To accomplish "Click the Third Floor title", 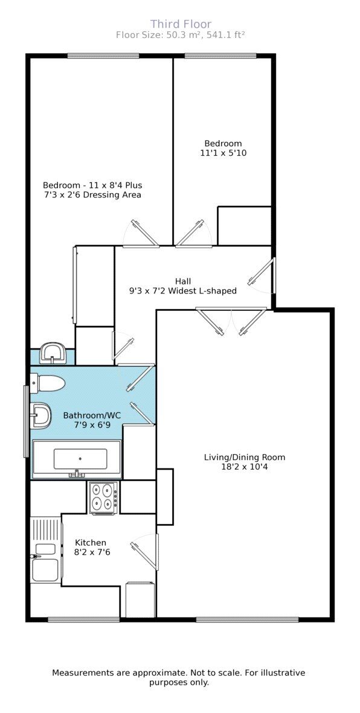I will (181, 24).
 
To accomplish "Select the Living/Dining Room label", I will (244, 457).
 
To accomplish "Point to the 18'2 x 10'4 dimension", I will (244, 467).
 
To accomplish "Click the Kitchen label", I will (91, 542).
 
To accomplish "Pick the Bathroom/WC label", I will (92, 415).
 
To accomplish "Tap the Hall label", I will (182, 281).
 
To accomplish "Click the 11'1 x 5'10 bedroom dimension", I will (223, 153).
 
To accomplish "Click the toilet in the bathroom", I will (48, 383).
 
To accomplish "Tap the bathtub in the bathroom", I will (77, 459).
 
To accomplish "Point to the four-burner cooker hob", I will (104, 497).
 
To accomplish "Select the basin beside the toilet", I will (41, 416).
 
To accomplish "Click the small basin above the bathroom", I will (54, 352).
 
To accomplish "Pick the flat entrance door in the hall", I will (263, 275).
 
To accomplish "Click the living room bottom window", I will (247, 619).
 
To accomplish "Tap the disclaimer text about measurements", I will (179, 677).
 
